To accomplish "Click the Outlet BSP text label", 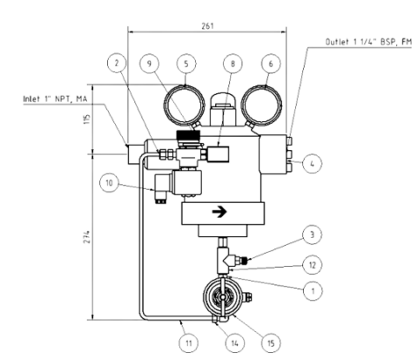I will click(367, 42).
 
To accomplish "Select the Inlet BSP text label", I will click(53, 99).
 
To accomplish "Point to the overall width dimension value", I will click(207, 25).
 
